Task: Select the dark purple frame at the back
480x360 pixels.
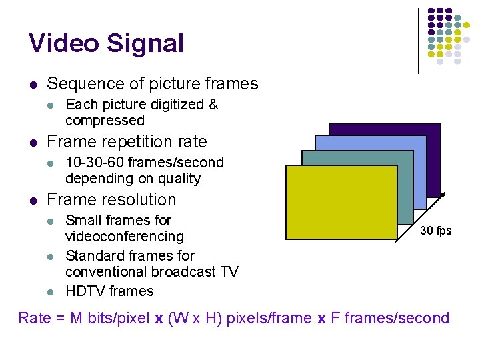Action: (400, 129)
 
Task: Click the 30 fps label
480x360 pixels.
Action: (435, 231)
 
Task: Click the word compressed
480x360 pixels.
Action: (105, 121)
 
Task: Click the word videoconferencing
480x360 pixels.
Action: (124, 237)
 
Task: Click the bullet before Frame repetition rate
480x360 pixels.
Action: (33, 143)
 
